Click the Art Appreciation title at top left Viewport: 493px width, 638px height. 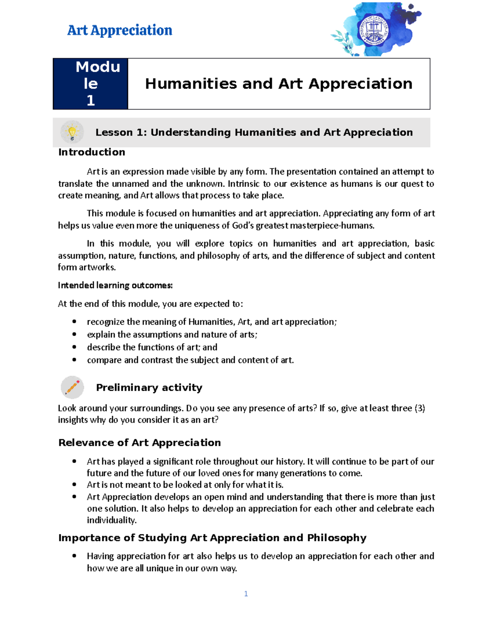tap(120, 30)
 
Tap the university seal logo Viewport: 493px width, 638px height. tap(373, 30)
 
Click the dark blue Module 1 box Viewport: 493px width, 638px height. tap(90, 84)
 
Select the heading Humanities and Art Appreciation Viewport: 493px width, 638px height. tap(279, 84)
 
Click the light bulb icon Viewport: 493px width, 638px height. tap(72, 132)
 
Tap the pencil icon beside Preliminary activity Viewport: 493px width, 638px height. tap(72, 387)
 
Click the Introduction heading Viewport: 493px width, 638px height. tap(92, 152)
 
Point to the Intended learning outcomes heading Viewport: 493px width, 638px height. tap(115, 285)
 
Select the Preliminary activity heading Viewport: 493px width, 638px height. tap(149, 387)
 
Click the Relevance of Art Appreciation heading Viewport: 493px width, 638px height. tap(139, 442)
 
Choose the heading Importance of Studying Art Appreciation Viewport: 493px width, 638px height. tap(212, 538)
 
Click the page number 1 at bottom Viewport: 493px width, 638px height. tap(246, 594)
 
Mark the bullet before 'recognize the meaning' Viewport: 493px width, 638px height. tap(74, 322)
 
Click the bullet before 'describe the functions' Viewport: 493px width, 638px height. tap(74, 347)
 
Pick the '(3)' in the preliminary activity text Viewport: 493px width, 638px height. tap(419, 408)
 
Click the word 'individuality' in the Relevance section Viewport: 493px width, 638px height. tap(111, 520)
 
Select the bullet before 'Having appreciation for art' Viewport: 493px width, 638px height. tap(74, 556)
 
